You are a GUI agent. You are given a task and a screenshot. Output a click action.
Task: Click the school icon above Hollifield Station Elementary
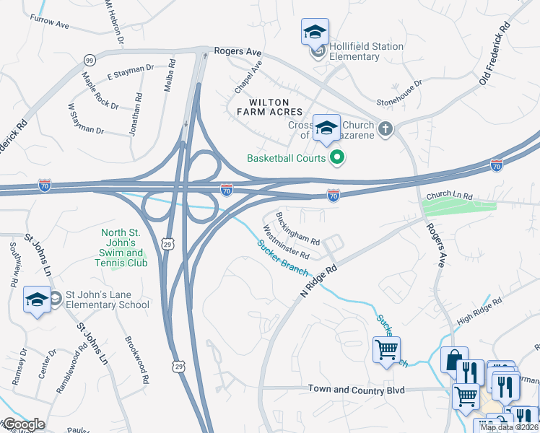pyautogui.click(x=315, y=32)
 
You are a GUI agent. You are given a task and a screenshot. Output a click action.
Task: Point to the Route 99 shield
pyautogui.click(x=90, y=60)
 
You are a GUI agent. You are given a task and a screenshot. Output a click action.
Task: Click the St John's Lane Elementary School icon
pyautogui.click(x=37, y=300)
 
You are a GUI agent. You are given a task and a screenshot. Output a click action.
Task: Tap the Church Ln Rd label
pyautogui.click(x=448, y=196)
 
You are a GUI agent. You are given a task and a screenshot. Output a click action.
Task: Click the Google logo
pyautogui.click(x=23, y=424)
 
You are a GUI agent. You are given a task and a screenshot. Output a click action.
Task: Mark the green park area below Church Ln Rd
pyautogui.click(x=459, y=208)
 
